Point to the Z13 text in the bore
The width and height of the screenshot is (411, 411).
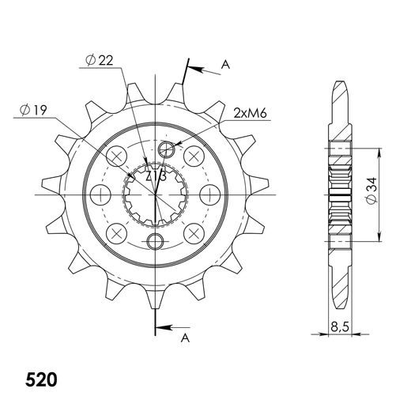point(156,176)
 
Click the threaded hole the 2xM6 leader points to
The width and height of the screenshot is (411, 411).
point(166,149)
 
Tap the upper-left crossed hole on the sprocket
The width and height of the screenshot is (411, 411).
point(118,156)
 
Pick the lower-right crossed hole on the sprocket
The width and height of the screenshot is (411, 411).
point(193,232)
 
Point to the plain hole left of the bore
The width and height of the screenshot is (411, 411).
point(100,194)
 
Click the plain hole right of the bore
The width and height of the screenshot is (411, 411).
point(210,194)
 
